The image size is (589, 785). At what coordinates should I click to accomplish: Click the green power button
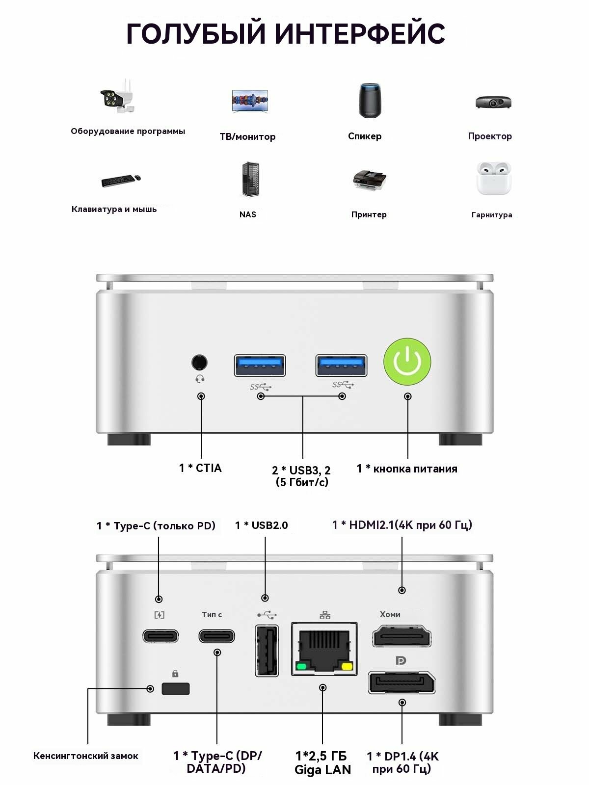[407, 362]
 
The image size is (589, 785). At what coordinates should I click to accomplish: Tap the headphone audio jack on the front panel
[199, 363]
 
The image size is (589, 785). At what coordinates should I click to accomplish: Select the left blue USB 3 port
[260, 365]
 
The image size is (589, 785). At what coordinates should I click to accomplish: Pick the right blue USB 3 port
[341, 365]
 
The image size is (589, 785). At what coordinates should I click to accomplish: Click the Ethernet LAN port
[324, 649]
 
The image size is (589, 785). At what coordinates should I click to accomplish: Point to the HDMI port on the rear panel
[402, 637]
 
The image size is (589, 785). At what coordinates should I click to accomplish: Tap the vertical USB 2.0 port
[267, 651]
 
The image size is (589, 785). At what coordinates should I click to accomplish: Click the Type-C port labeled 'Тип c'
[216, 636]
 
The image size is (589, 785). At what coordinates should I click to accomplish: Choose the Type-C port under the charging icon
[161, 636]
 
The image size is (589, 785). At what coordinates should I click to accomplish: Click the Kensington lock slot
[175, 688]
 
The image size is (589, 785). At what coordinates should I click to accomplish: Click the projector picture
[493, 102]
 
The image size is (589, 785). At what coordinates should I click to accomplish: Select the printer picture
[369, 181]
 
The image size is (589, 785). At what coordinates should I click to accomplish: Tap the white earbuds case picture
[493, 179]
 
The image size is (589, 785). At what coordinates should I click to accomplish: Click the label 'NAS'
[247, 214]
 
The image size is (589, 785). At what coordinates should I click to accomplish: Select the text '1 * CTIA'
[200, 468]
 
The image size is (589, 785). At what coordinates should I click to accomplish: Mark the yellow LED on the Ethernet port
[348, 666]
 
